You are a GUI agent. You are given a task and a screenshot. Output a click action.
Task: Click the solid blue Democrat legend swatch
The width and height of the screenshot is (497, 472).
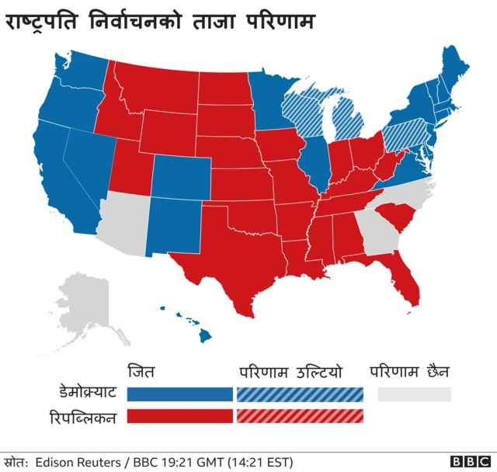179,394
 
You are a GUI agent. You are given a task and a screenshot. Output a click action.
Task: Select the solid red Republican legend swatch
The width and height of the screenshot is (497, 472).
179,417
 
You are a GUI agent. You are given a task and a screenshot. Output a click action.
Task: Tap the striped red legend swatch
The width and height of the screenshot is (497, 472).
300,417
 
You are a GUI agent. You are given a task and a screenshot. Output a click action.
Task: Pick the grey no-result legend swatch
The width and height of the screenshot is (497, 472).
414,394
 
